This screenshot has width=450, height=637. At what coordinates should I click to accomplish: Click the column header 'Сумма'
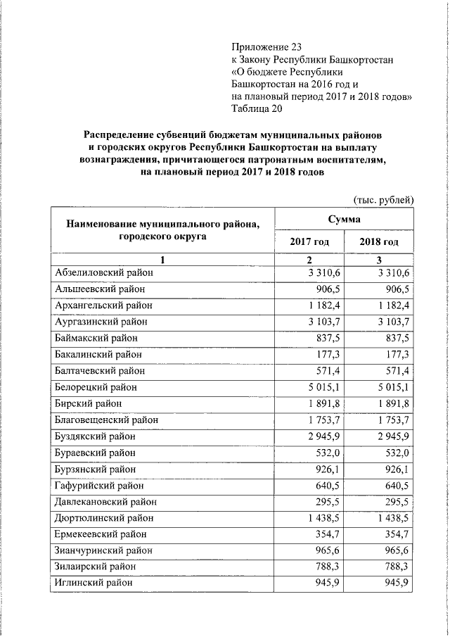pos(345,221)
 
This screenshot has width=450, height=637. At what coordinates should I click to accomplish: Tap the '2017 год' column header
pos(309,242)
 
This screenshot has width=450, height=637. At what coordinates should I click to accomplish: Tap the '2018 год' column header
pos(379,242)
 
